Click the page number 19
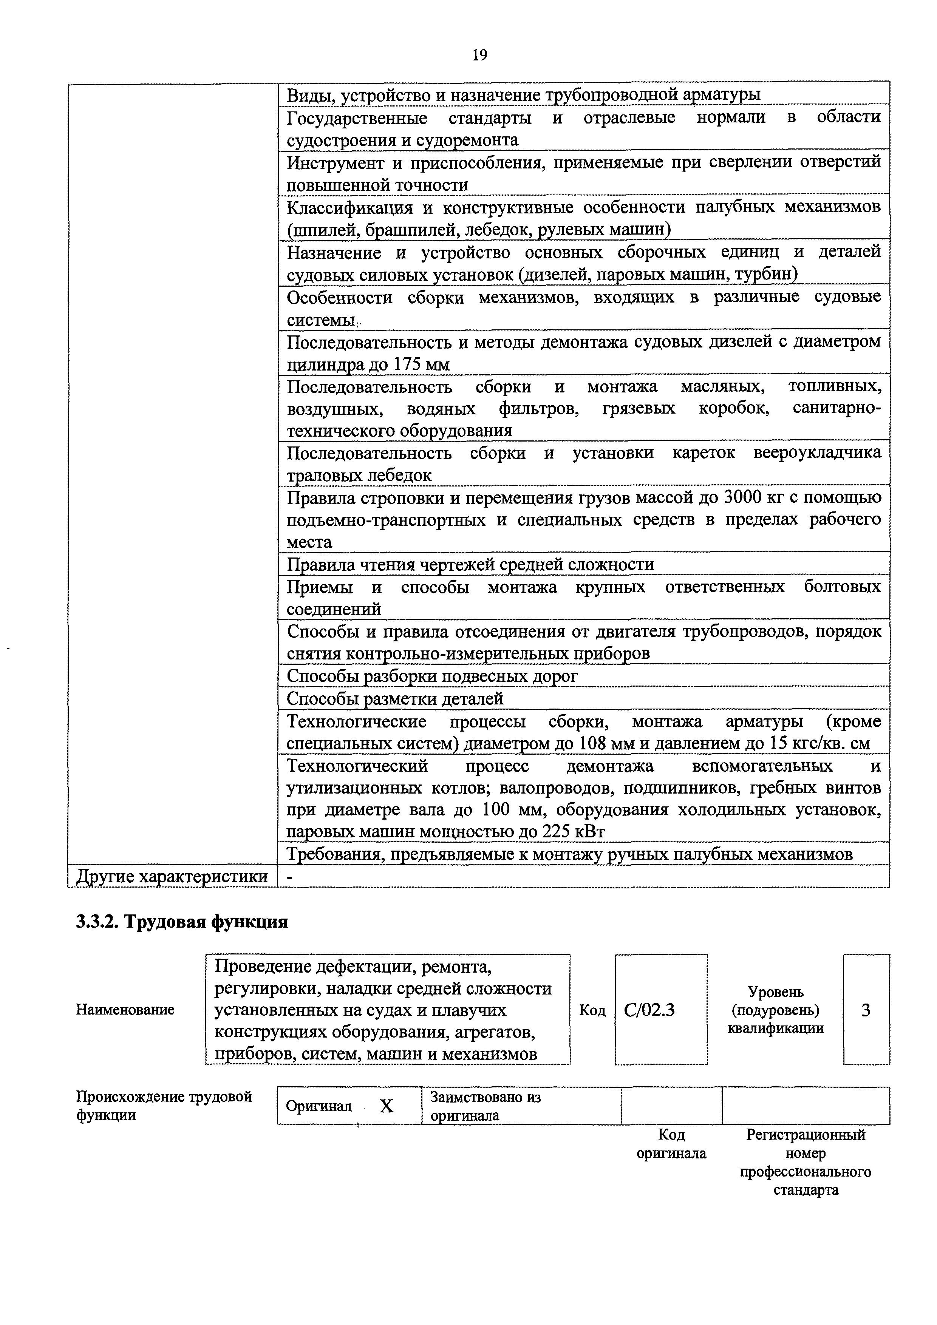[479, 55]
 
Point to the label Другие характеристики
[172, 877]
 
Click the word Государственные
[357, 118]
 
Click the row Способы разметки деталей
[396, 699]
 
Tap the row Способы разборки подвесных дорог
[432, 676]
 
